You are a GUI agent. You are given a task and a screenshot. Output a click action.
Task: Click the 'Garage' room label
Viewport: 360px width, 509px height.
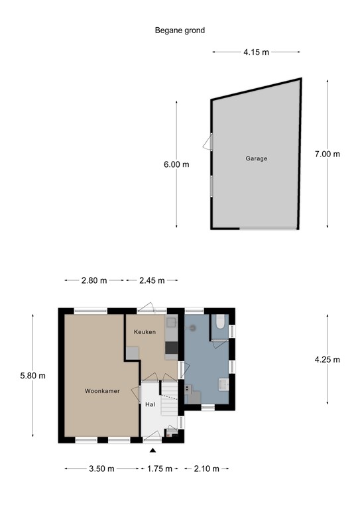257,158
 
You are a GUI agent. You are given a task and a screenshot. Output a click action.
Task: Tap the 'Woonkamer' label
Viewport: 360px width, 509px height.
102,391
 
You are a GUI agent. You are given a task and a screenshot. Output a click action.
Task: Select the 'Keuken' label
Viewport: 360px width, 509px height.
145,331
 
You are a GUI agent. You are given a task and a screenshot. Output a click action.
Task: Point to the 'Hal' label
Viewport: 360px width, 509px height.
150,404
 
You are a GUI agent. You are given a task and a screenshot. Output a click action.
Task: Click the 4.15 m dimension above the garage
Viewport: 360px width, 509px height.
257,51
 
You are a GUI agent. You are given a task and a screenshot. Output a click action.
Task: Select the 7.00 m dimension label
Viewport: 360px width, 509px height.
327,154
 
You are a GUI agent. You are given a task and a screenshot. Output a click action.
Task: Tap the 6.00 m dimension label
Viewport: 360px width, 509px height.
176,165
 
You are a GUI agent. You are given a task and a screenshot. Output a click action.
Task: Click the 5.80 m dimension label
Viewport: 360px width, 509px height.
32,376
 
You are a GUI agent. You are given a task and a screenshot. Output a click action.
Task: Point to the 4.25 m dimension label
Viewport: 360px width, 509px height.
327,360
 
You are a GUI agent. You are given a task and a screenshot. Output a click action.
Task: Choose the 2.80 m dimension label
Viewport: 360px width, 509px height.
94,280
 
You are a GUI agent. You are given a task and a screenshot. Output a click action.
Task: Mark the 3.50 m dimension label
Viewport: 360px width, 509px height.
101,469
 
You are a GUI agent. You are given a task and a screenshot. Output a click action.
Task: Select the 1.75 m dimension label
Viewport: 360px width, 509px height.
159,469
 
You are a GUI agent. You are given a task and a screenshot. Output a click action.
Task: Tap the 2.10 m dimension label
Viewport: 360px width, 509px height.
206,469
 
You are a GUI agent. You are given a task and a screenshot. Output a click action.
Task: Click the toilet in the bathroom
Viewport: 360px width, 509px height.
221,323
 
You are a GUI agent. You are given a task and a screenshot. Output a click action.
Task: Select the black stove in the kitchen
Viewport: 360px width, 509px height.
171,347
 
